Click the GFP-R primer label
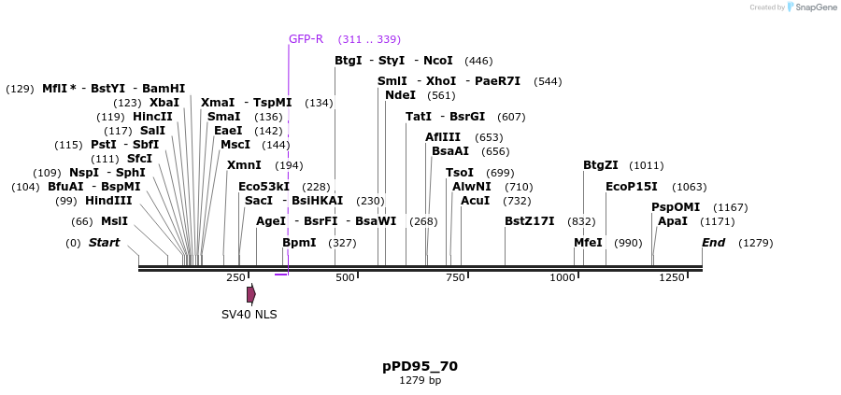pos(306,39)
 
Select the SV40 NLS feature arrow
pos(251,294)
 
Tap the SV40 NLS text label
pos(249,314)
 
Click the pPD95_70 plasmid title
pos(420,366)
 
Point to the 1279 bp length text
pos(420,381)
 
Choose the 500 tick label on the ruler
pos(346,278)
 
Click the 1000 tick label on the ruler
pos(563,278)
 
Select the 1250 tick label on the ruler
pos(672,278)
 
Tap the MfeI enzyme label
pos(588,243)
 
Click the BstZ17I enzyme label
pos(529,221)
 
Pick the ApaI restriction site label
pos(672,221)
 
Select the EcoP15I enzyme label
pos(631,187)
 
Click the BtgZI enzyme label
pos(601,165)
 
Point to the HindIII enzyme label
pos(108,201)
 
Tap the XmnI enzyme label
pos(244,165)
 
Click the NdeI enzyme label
pos(400,95)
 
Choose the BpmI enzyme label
pos(299,243)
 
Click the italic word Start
pos(104,243)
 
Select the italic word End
pos(714,243)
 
